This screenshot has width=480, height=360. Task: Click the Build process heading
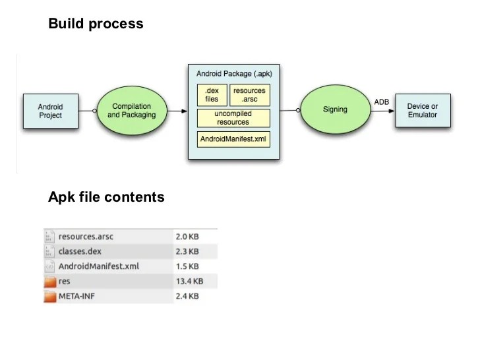coord(96,24)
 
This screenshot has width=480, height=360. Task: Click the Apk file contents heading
coord(106,197)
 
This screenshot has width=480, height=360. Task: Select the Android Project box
coord(50,111)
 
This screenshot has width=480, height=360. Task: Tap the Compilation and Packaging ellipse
coord(131,110)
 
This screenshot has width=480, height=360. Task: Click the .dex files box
coord(212,95)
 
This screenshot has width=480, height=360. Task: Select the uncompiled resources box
coord(233,118)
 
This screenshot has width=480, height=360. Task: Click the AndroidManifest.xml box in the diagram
coord(233,139)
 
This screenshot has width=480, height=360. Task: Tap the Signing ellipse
coord(334,109)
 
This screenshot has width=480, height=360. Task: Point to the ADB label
coord(381,102)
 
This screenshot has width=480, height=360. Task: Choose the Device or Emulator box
coord(422,110)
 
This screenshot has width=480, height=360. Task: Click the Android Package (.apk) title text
coord(233,74)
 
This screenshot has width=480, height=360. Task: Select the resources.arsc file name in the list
coord(86,236)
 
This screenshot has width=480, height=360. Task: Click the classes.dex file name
coord(80,251)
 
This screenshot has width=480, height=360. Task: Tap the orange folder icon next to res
coord(50,282)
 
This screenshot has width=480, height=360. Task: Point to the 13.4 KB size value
coord(189,282)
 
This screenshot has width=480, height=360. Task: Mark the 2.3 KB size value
coord(187,251)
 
